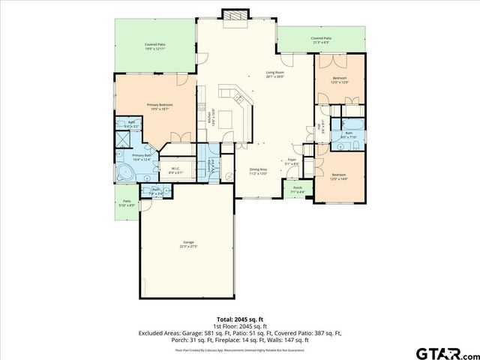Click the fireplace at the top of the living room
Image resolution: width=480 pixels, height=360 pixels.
click(x=232, y=16)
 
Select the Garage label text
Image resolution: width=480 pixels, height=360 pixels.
click(x=187, y=244)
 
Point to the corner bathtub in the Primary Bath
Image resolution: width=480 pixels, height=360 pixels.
click(x=124, y=175)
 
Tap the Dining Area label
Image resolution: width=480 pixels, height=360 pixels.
click(x=259, y=171)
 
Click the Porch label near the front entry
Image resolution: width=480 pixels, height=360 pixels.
click(x=298, y=189)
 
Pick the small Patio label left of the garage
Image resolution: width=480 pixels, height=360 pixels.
click(x=127, y=202)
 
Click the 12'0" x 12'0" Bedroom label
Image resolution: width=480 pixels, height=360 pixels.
click(x=340, y=80)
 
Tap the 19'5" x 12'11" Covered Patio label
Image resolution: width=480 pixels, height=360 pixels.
click(x=155, y=46)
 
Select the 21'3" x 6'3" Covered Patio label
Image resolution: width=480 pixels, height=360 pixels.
click(x=321, y=40)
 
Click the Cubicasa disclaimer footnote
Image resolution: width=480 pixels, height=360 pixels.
click(x=239, y=350)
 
